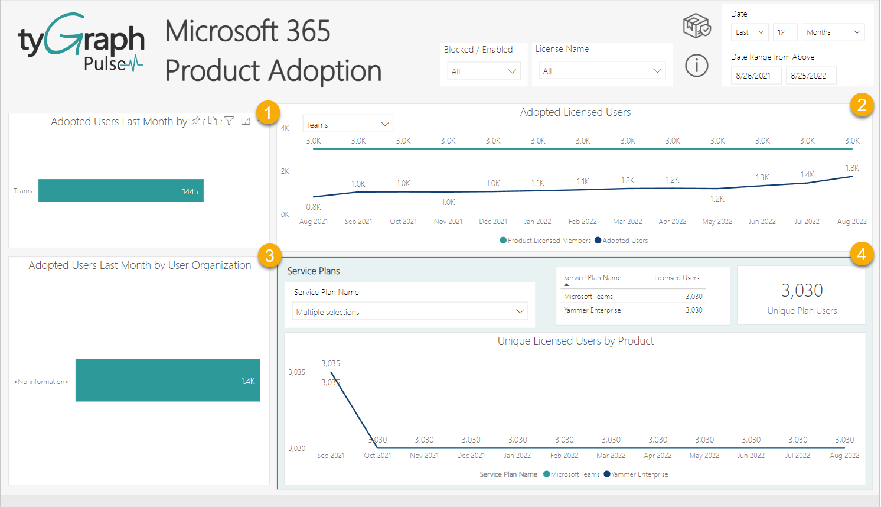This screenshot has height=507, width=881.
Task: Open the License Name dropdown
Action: (x=601, y=71)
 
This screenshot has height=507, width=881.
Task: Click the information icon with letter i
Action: (x=697, y=66)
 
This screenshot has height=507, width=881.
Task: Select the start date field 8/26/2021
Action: (x=755, y=76)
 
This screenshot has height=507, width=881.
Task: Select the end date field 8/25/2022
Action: (x=810, y=76)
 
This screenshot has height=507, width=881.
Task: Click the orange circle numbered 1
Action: (x=268, y=112)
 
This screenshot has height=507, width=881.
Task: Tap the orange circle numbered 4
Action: (x=862, y=254)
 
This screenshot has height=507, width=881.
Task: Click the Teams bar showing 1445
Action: (x=120, y=191)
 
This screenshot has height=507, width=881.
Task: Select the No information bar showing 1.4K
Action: (x=167, y=381)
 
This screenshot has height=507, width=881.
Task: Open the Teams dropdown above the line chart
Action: (x=347, y=125)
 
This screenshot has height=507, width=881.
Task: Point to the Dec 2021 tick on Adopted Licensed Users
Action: (x=493, y=222)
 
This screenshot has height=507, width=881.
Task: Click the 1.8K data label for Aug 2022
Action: (x=851, y=168)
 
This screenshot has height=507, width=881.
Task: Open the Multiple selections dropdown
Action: (x=410, y=312)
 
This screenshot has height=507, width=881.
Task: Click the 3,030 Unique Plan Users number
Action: (x=801, y=291)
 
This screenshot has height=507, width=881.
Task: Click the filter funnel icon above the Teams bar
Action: (x=229, y=121)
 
